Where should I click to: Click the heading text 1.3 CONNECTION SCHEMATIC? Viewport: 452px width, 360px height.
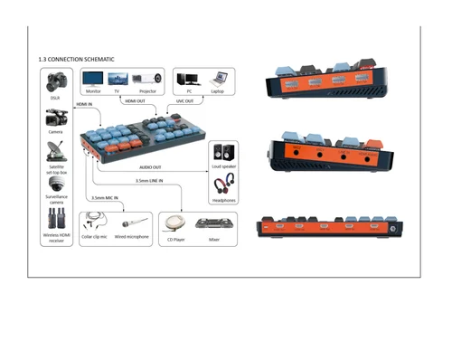(x=76, y=59)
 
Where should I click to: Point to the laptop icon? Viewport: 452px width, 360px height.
(x=216, y=79)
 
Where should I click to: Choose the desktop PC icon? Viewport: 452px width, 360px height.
(x=188, y=79)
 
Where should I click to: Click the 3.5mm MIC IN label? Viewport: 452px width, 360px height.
(x=105, y=197)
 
